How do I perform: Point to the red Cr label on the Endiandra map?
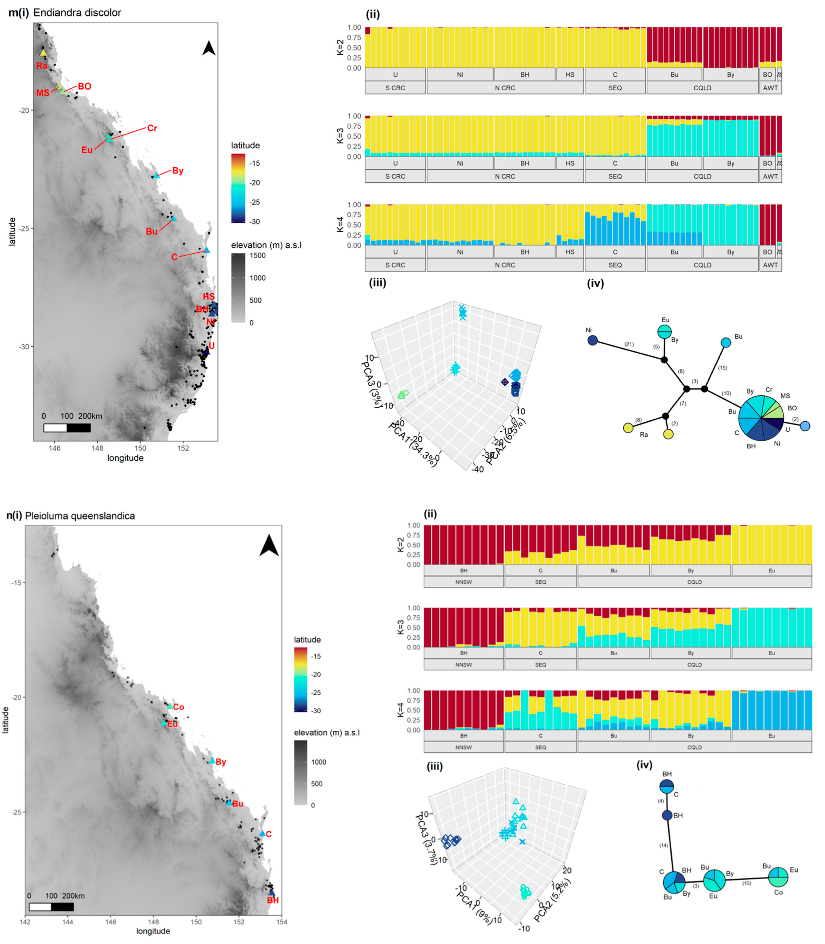pyautogui.click(x=152, y=128)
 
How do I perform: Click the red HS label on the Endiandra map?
pyautogui.click(x=209, y=296)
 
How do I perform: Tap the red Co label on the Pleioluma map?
pyautogui.click(x=179, y=707)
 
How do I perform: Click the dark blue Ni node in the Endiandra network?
pyautogui.click(x=593, y=340)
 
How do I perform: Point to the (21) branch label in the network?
pyautogui.click(x=629, y=344)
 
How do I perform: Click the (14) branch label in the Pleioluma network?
pyautogui.click(x=663, y=845)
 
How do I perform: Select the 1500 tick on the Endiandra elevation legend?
pyautogui.click(x=258, y=255)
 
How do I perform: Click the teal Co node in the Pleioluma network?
pyautogui.click(x=778, y=877)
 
